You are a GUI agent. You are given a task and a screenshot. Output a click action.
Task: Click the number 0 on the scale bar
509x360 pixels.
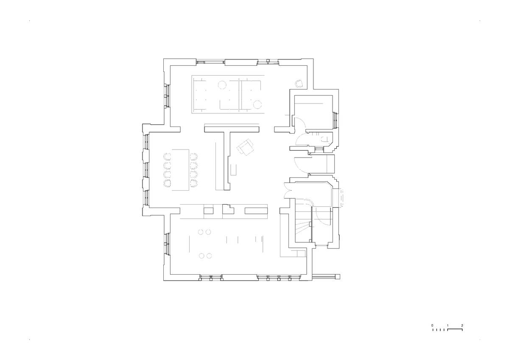(x=432, y=326)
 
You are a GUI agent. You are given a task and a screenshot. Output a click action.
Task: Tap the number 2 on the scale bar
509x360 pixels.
(x=462, y=326)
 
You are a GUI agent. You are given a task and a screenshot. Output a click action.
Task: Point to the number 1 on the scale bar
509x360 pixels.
(x=447, y=326)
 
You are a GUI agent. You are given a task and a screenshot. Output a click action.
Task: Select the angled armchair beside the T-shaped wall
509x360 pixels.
(x=246, y=147)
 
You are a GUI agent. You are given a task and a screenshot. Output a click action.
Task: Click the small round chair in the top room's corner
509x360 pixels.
(x=299, y=84)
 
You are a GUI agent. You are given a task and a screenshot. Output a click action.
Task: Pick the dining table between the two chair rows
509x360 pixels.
(x=181, y=170)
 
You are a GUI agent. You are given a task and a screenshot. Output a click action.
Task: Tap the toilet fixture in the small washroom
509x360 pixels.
(x=324, y=139)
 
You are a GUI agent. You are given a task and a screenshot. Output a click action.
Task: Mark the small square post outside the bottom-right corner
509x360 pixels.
(x=338, y=276)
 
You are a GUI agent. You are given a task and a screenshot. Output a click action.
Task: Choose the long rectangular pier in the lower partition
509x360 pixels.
(x=256, y=211)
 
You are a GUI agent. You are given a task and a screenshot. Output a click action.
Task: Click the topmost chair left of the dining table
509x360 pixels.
(x=167, y=157)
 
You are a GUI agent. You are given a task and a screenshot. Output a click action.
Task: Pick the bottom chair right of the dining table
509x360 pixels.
(x=193, y=183)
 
